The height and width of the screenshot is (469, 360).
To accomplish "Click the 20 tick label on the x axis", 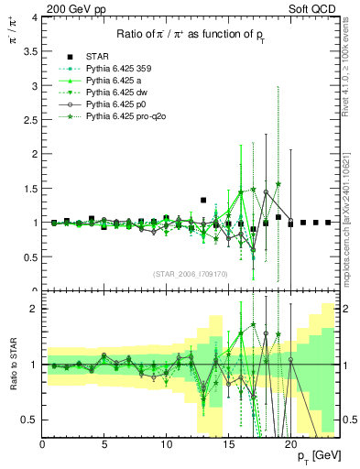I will coord(289,446).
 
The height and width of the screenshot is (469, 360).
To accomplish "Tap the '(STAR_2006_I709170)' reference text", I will coord(191,273).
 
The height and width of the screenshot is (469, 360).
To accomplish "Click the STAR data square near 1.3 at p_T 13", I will coord(203,200).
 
